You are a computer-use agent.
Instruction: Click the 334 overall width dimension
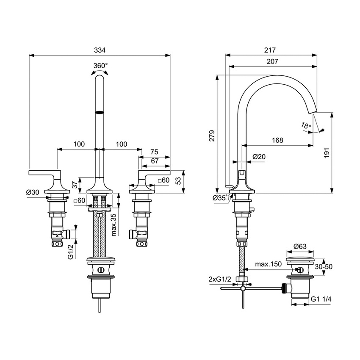100,50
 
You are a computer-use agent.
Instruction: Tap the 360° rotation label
100,66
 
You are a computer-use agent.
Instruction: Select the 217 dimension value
270,50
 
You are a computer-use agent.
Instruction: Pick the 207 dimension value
272,61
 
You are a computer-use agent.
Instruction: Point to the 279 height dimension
213,135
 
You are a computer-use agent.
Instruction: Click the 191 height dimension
338,155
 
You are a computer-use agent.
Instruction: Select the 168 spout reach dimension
277,140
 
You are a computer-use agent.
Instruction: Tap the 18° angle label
306,125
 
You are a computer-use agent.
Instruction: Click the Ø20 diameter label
259,157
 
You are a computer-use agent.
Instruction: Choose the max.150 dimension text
269,264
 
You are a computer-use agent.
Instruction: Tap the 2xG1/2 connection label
219,280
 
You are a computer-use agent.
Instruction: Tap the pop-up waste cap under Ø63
299,259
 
